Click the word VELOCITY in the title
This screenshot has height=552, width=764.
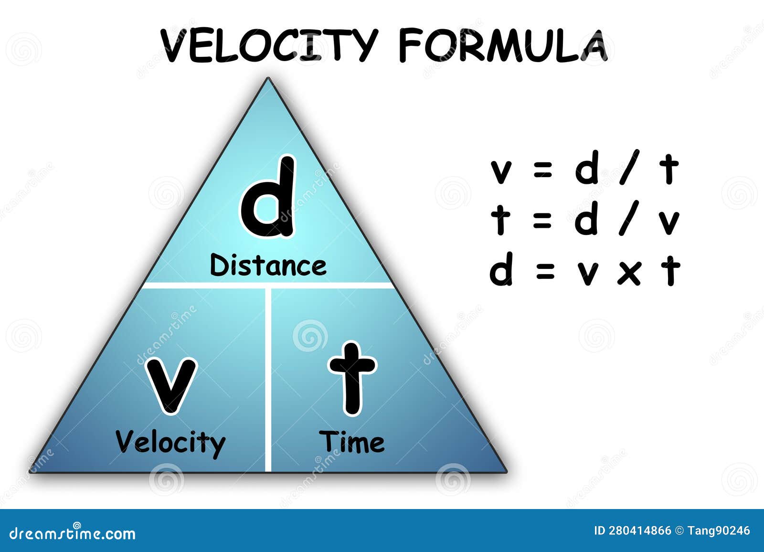point(269,45)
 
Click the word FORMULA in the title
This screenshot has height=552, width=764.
point(503,45)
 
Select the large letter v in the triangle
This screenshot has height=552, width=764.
point(171,385)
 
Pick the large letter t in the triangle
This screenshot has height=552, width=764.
point(352,378)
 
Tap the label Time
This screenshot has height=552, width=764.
point(351,442)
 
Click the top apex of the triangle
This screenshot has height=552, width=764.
point(268,78)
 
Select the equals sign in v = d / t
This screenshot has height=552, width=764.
point(542,170)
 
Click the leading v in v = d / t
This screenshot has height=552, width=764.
point(501,173)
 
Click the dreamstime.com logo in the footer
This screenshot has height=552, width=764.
point(72,533)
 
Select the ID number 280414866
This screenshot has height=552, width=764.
point(639,531)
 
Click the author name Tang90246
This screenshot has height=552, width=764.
point(719,531)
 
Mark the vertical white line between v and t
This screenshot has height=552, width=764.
point(268,379)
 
